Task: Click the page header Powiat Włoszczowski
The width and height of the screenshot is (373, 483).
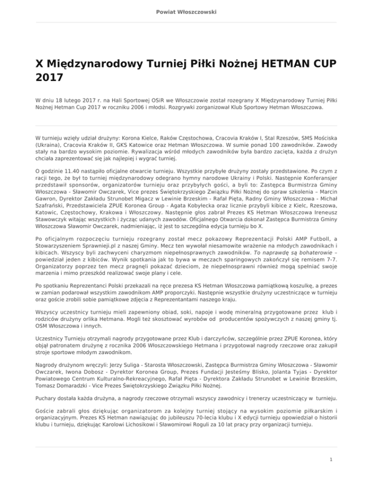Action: (186, 12)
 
